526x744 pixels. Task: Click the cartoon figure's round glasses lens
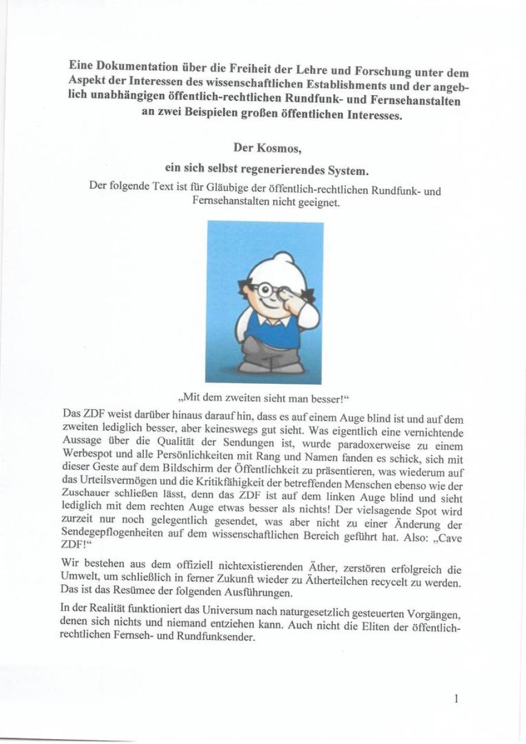click(x=265, y=290)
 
